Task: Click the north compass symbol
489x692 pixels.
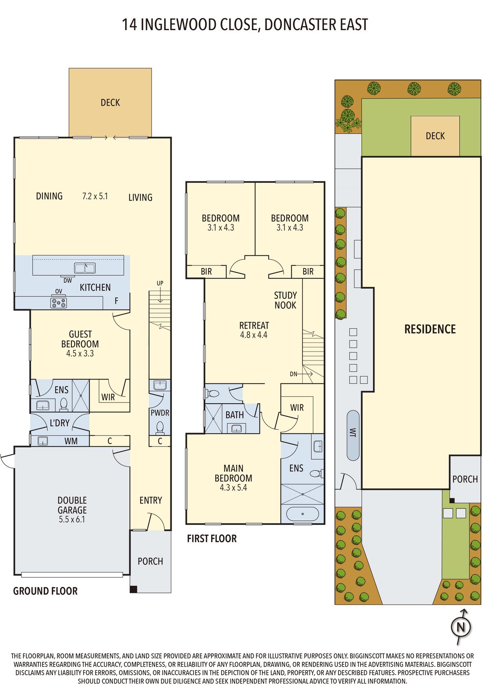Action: coord(460,627)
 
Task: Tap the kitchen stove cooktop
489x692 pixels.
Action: coord(59,303)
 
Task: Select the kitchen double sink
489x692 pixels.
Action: coord(85,268)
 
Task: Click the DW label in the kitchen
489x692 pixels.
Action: coord(68,281)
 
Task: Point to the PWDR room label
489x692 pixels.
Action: coord(160,413)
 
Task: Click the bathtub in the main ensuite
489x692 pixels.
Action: coord(302,514)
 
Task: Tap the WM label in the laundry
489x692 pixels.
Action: coord(71,441)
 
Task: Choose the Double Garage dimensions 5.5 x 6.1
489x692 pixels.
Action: coord(72,520)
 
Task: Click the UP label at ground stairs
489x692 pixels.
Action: coord(160,283)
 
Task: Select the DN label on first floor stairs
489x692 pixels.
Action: coord(293,374)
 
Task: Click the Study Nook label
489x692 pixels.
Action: coord(286,300)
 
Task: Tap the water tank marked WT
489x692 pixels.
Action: coord(353,435)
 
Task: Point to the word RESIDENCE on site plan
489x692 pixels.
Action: coord(430,329)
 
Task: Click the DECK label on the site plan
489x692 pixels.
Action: coord(435,136)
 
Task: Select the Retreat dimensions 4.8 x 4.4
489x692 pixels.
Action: coord(254,335)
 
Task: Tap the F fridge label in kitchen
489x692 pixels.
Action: coord(117,301)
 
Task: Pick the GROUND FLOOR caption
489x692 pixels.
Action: coord(45,591)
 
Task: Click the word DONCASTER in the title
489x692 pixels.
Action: coord(300,25)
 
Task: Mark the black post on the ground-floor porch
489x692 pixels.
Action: coord(133,589)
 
